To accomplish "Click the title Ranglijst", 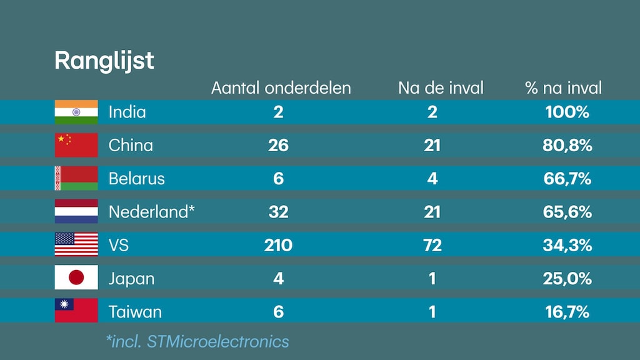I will pyautogui.click(x=104, y=61).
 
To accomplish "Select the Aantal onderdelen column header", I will pyautogui.click(x=281, y=87).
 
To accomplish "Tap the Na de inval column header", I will pyautogui.click(x=441, y=87).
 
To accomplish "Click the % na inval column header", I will pyautogui.click(x=564, y=87).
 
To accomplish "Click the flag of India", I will pyautogui.click(x=76, y=112).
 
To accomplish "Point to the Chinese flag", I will pyautogui.click(x=76, y=145).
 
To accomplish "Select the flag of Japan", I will pyautogui.click(x=76, y=277).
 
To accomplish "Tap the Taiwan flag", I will pyautogui.click(x=76, y=311).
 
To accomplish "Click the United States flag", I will pyautogui.click(x=76, y=244).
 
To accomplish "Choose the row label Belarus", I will pyautogui.click(x=136, y=179).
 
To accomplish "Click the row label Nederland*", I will pyautogui.click(x=152, y=212).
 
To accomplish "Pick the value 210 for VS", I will pyautogui.click(x=278, y=245).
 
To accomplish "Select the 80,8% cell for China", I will pyautogui.click(x=567, y=146).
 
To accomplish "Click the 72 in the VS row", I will pyautogui.click(x=432, y=245).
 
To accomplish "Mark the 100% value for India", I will pyautogui.click(x=567, y=112).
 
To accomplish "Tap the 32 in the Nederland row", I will pyautogui.click(x=278, y=212).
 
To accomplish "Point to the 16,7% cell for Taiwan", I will pyautogui.click(x=567, y=311).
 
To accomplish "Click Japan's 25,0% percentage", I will pyautogui.click(x=567, y=278).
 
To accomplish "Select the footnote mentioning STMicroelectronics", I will pyautogui.click(x=197, y=341).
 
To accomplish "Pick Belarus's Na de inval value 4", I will pyautogui.click(x=432, y=179).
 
